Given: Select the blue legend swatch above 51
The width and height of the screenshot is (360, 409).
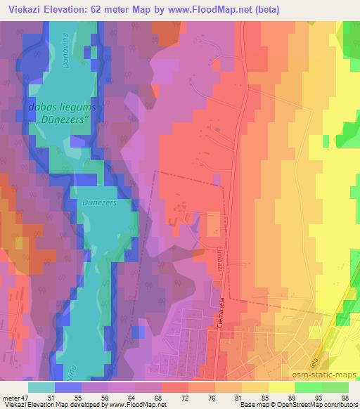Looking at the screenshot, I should click(68, 387).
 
